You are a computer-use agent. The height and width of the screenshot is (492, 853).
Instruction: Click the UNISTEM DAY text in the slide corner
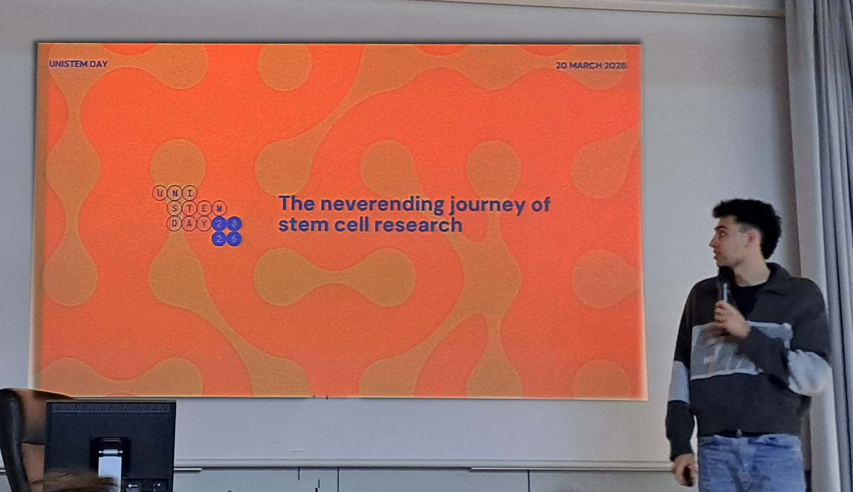pos(78,64)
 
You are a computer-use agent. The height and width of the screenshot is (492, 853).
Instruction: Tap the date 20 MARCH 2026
pos(591,66)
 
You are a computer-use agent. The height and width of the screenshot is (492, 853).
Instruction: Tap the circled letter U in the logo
pos(159,193)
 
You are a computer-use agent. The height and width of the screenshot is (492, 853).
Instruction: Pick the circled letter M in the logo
pos(219,208)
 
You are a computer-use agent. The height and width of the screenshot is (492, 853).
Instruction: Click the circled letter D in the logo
pos(174,224)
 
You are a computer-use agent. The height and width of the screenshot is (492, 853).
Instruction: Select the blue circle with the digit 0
pos(234,224)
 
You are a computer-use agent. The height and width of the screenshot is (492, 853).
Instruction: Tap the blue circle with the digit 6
pos(234,239)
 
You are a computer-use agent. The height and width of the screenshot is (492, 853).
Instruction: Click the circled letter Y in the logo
pos(204,224)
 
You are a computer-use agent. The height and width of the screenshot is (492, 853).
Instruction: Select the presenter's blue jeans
pos(750,463)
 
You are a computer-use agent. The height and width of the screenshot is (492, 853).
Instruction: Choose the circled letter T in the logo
pos(189,208)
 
